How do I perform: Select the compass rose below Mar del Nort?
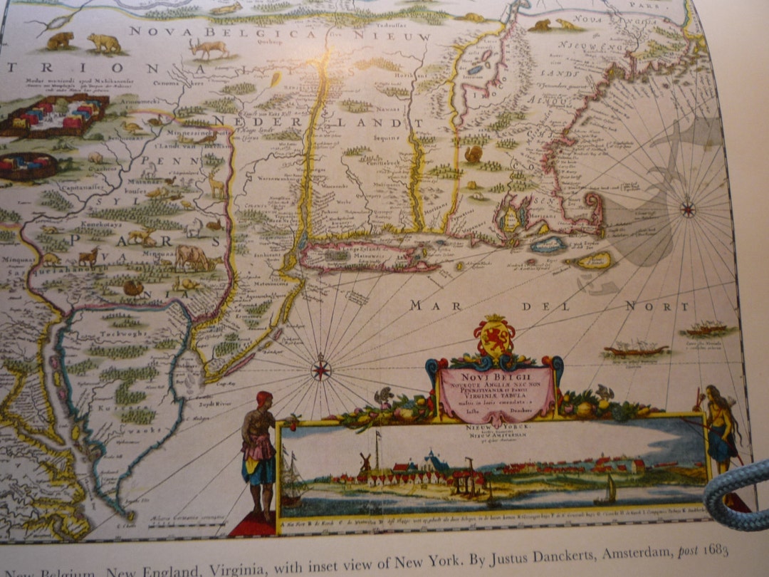[x=321, y=370]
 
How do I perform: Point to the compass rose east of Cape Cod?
[x=687, y=209]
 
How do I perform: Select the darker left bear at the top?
[x=61, y=41]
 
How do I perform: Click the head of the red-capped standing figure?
[x=264, y=398]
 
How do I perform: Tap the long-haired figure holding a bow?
[x=721, y=425]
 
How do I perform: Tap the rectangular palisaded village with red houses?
[x=54, y=115]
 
